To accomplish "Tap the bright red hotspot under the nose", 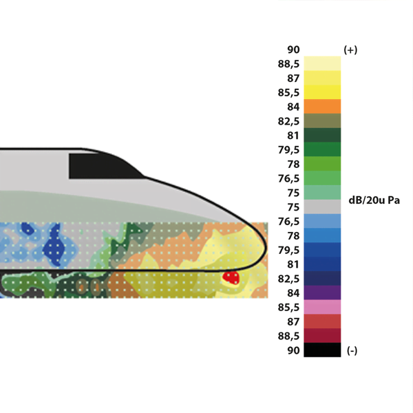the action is (231, 278).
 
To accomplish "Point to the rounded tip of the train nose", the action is (266, 248).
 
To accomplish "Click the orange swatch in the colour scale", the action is (322, 107).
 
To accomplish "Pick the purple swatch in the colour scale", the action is (322, 293).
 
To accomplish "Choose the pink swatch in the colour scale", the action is (322, 307).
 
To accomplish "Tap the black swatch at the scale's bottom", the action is (322, 350).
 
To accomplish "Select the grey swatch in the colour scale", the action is (322, 206).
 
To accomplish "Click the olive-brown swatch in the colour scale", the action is (322, 120).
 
